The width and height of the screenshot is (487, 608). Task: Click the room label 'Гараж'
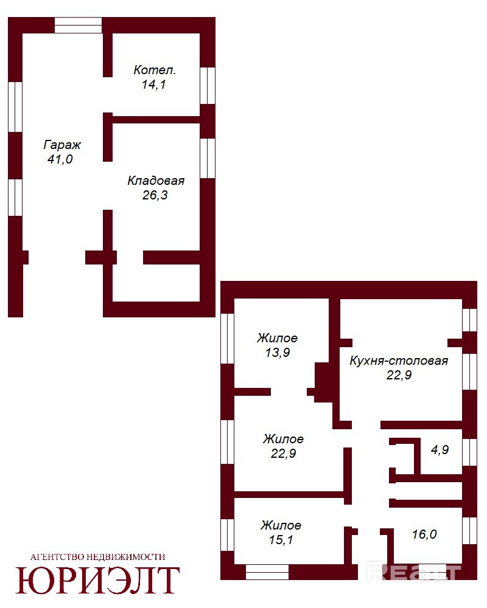click(x=62, y=145)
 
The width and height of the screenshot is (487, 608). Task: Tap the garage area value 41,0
click(x=60, y=159)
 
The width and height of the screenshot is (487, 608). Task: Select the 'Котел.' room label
click(x=155, y=70)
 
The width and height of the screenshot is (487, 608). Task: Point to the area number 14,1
click(x=154, y=84)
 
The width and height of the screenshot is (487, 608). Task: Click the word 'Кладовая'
click(x=156, y=181)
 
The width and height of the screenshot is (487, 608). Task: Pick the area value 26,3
click(x=155, y=195)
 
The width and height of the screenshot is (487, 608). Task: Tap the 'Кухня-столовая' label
click(x=399, y=361)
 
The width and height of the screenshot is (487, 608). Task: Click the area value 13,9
click(x=278, y=353)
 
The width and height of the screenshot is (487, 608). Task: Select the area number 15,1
click(x=281, y=539)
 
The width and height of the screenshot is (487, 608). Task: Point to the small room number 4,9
click(x=440, y=449)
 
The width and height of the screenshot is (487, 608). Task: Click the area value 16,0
click(x=424, y=534)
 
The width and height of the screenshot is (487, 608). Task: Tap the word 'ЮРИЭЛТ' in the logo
click(x=97, y=581)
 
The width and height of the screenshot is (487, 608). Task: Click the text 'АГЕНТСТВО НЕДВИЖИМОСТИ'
click(x=97, y=557)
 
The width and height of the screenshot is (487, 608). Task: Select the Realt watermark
click(x=413, y=572)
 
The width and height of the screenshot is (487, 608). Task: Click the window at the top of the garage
click(x=78, y=25)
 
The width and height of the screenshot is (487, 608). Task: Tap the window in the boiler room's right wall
click(x=208, y=86)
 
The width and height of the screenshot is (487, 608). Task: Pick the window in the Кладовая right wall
click(x=208, y=158)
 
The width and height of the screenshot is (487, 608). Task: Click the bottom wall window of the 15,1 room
click(x=267, y=572)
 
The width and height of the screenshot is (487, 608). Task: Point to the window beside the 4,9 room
click(x=469, y=452)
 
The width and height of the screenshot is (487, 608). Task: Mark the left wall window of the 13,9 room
click(x=227, y=339)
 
